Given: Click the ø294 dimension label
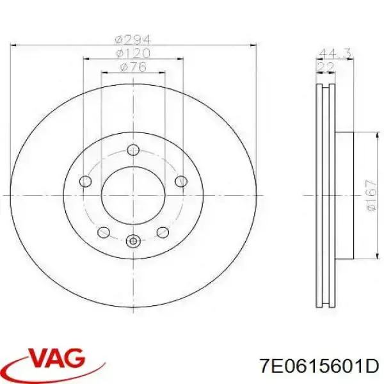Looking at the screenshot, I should click(133, 38).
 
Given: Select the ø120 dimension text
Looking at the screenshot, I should click(133, 52).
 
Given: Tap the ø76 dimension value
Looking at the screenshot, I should click(133, 67).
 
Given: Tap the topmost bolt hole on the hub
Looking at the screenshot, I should click(133, 150).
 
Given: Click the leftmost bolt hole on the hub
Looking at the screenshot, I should click(86, 182).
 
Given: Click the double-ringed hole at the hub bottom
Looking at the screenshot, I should click(133, 241).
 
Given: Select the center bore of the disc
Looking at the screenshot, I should click(133, 195).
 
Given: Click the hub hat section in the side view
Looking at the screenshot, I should click(344, 195).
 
